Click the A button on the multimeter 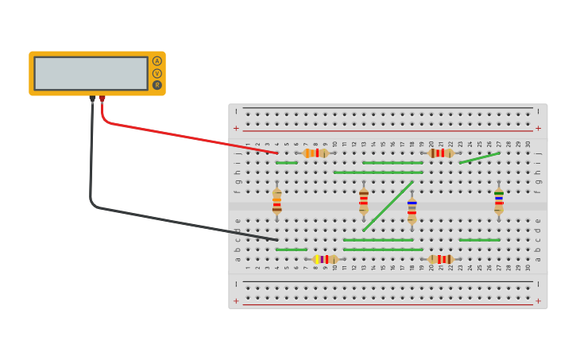(x=157, y=61)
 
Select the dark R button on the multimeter (x=157, y=85)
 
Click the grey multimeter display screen (x=91, y=73)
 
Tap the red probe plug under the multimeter (x=102, y=99)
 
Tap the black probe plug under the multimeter (x=92, y=99)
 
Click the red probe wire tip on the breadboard (x=276, y=153)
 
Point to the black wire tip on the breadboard (x=276, y=239)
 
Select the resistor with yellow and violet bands (x=325, y=259)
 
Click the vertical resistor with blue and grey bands (x=412, y=211)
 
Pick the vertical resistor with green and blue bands (x=498, y=201)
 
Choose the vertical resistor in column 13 (x=363, y=201)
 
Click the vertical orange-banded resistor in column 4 (x=276, y=201)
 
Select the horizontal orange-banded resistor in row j (x=315, y=153)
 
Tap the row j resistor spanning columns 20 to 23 (x=441, y=153)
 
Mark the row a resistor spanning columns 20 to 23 (x=441, y=259)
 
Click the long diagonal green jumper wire (x=388, y=207)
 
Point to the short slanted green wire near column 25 (x=479, y=158)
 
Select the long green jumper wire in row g (x=378, y=172)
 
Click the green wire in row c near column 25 (x=479, y=240)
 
